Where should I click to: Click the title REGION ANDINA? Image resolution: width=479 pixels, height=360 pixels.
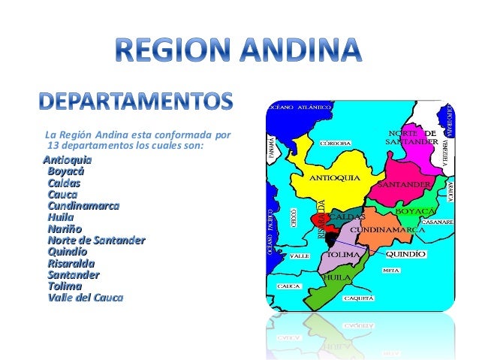[239, 52]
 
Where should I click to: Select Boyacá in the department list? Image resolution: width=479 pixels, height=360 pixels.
[65, 171]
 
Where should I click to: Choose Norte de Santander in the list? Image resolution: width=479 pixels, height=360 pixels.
[95, 240]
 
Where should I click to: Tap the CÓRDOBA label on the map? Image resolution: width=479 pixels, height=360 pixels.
[338, 143]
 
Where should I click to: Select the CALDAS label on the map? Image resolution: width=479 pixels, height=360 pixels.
[348, 216]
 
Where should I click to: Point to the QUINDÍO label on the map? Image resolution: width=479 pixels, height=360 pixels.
[406, 254]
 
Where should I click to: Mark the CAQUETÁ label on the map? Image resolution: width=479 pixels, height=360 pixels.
[359, 298]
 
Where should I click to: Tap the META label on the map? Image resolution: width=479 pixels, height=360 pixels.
[391, 270]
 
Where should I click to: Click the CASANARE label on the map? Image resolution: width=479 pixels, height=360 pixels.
[437, 222]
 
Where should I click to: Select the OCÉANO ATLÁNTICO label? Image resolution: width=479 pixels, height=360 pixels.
[300, 108]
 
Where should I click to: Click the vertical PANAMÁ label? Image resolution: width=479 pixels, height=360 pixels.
[271, 150]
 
